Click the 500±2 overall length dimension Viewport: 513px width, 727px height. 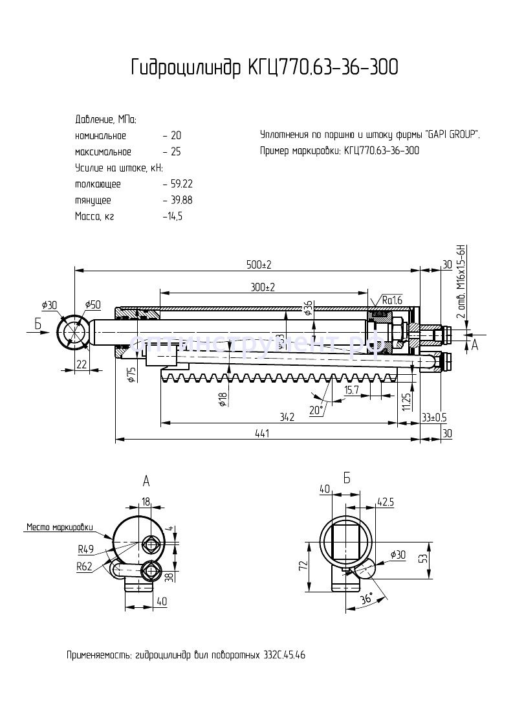tap(258, 265)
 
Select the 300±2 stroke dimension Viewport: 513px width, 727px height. tap(262, 287)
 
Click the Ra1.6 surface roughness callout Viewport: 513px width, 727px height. tap(391, 300)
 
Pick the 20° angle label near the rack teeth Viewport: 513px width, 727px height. tap(316, 410)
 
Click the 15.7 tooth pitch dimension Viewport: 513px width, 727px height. tap(353, 390)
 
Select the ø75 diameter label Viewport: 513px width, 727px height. tap(131, 374)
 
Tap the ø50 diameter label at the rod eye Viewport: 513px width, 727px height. tap(93, 305)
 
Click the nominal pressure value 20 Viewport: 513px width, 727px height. tap(176, 136)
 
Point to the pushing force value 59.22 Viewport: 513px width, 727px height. tap(179, 184)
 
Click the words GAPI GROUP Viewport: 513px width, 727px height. tap(452, 135)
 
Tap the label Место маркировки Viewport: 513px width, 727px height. tap(60, 526)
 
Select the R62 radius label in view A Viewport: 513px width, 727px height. tap(84, 566)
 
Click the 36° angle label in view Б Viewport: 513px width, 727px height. tap(366, 599)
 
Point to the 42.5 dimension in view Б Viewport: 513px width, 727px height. tap(386, 501)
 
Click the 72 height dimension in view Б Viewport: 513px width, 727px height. tap(302, 565)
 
